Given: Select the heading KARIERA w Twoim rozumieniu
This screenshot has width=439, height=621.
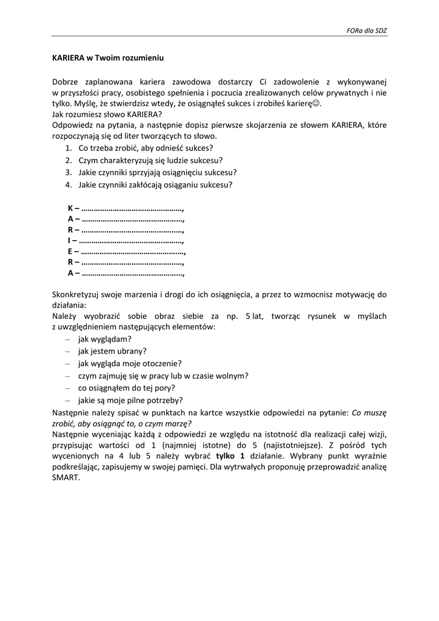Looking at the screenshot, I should coord(109,58).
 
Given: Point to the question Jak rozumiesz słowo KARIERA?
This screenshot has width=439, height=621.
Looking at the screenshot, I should coord(107,115).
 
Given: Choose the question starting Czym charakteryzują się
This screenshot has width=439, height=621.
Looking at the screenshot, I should coord(150,160).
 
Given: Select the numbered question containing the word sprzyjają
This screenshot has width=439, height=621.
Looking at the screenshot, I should coord(157,172).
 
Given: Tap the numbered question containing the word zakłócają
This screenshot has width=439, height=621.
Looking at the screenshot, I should coord(155,184).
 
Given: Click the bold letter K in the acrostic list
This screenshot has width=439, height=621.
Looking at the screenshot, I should coord(70,208).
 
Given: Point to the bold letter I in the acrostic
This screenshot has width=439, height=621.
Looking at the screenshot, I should coord(69,241).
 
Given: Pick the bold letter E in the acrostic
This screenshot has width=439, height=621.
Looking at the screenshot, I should coord(70,252).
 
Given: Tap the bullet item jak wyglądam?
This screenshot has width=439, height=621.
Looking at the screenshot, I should coord(105,338).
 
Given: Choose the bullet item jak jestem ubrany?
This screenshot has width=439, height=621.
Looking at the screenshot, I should coord(112,351).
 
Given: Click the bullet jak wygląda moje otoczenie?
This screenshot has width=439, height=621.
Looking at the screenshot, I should coord(130,363).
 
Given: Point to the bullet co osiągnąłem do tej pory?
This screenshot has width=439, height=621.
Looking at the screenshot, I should coord(126,388).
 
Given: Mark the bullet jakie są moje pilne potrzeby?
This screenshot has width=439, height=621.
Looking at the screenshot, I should coord(130,400).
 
